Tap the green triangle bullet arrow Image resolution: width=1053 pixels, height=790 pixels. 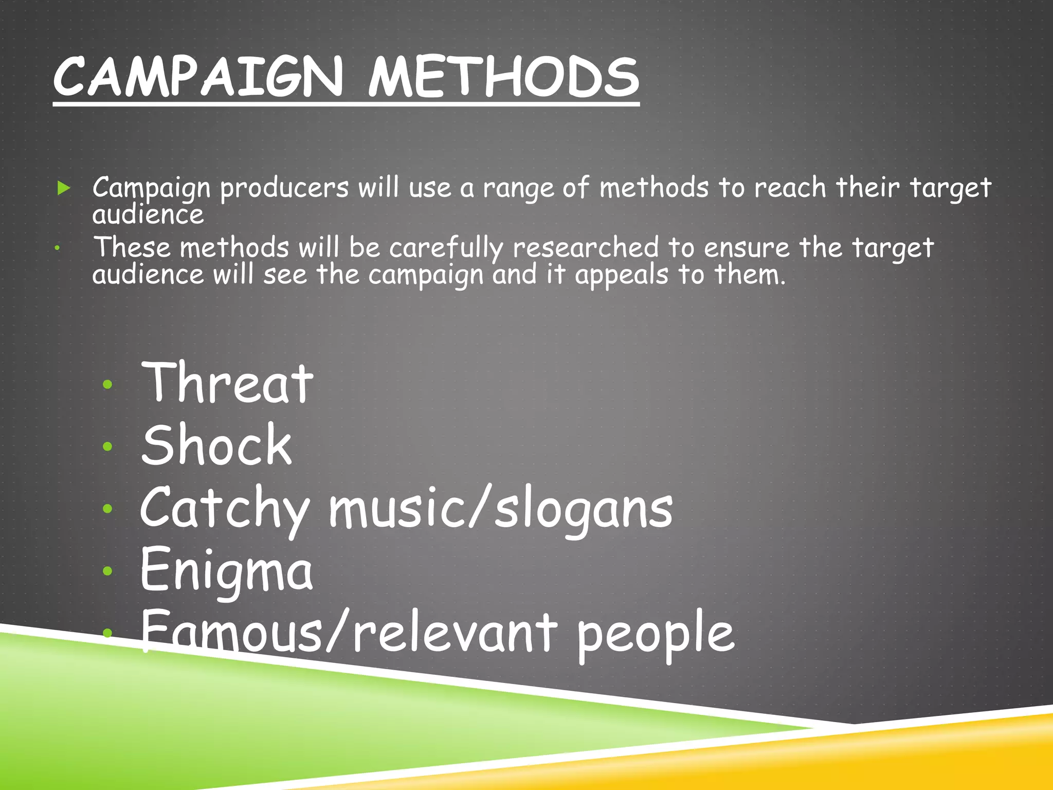pyautogui.click(x=64, y=188)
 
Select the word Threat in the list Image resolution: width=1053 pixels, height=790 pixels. pyautogui.click(x=227, y=383)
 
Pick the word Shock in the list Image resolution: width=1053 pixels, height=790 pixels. pyautogui.click(x=216, y=445)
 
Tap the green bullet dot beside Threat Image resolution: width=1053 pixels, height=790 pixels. pyautogui.click(x=107, y=384)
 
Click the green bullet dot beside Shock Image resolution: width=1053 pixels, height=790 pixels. pyautogui.click(x=107, y=446)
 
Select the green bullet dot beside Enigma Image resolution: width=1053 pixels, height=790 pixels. pyautogui.click(x=107, y=570)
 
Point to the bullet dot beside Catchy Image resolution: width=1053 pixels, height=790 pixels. pyautogui.click(x=107, y=509)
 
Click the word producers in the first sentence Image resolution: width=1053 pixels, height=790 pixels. pyautogui.click(x=284, y=188)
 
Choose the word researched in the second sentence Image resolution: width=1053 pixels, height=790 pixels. pyautogui.click(x=586, y=248)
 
